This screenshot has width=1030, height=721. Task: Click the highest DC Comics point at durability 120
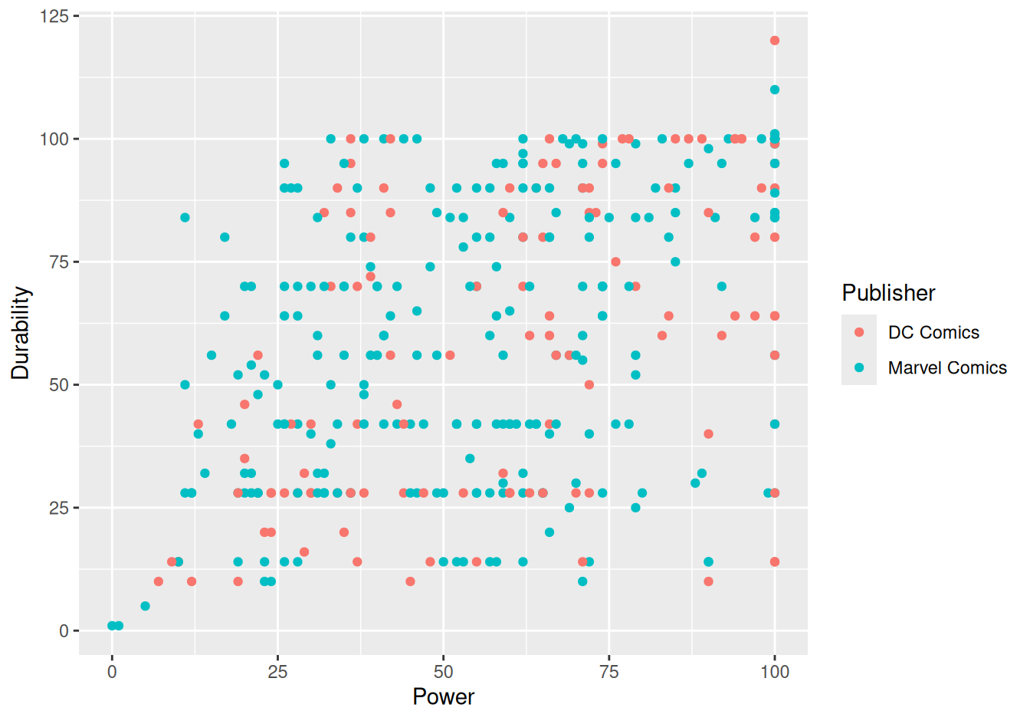click(x=775, y=41)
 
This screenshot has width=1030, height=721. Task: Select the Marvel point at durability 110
click(x=775, y=90)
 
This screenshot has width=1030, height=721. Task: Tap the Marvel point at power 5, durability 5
click(x=146, y=606)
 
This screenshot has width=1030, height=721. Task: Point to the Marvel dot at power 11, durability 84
click(x=185, y=218)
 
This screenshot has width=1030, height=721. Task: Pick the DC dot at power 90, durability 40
click(x=709, y=434)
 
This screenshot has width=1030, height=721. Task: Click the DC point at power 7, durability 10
click(x=159, y=581)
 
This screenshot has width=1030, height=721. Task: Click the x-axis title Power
click(x=443, y=697)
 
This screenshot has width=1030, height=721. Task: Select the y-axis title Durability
click(x=20, y=333)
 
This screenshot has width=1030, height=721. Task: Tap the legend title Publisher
click(x=888, y=293)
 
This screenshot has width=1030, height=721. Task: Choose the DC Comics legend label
click(x=933, y=332)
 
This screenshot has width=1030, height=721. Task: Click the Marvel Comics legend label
click(x=947, y=367)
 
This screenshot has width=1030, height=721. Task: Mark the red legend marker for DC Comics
click(x=859, y=332)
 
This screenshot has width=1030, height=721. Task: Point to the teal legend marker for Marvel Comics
click(x=859, y=367)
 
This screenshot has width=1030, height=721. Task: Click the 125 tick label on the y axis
click(x=54, y=17)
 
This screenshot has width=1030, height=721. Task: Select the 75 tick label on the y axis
click(x=59, y=262)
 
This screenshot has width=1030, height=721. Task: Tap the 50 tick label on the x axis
click(x=443, y=672)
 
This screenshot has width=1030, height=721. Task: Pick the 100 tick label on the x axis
click(x=775, y=672)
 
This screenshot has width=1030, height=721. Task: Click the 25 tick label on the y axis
click(x=59, y=508)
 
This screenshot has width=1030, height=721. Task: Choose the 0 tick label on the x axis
click(x=112, y=672)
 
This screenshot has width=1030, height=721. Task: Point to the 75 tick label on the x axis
click(x=609, y=672)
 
